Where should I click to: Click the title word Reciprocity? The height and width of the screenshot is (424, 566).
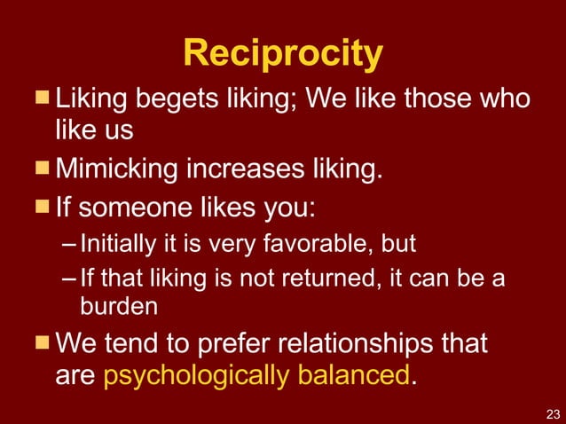pos(283,55)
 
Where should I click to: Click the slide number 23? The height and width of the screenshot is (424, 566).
pos(553,414)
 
